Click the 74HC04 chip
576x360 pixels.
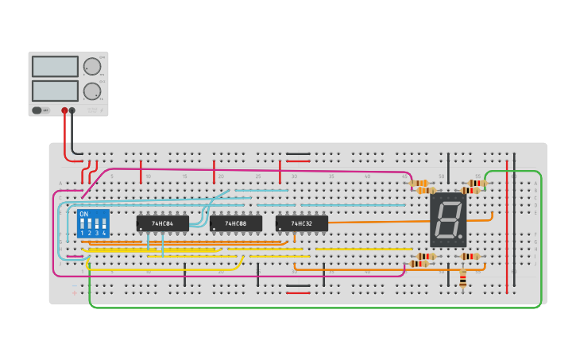click(x=162, y=223)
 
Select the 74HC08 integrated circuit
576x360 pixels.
click(x=235, y=223)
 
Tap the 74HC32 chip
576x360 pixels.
click(x=301, y=223)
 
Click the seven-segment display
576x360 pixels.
click(x=448, y=219)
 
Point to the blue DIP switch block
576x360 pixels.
click(x=93, y=223)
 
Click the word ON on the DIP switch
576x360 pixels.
click(x=84, y=215)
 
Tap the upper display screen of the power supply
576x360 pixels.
click(x=55, y=67)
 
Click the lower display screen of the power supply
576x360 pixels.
click(x=55, y=91)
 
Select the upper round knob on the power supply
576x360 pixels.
click(x=92, y=66)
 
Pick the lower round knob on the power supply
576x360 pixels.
click(x=92, y=91)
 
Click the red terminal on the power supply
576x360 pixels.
click(x=64, y=110)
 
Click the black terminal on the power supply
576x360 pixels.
click(x=72, y=110)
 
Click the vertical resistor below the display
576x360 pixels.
click(x=463, y=280)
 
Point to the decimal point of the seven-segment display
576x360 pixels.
click(x=462, y=238)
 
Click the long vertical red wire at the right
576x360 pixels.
click(x=507, y=230)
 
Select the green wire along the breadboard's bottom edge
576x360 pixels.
click(x=318, y=307)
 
